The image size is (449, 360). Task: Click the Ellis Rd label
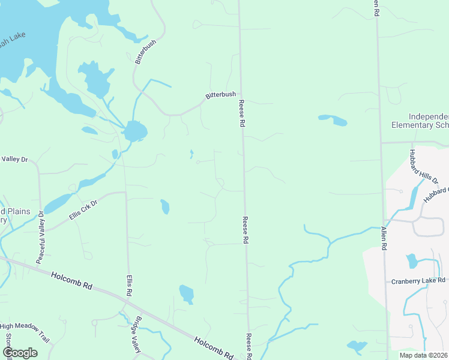click(128, 285)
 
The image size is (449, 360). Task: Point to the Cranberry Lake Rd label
click(418, 281)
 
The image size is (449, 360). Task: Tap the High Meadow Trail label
click(23, 329)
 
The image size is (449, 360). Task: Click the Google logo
click(20, 353)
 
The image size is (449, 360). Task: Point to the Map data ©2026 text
click(424, 355)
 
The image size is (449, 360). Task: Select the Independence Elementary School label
click(420, 121)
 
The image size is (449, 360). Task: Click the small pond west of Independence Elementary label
click(333, 119)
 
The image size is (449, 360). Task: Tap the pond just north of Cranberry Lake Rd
click(411, 260)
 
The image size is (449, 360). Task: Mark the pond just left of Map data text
click(357, 346)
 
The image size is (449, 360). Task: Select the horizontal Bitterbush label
click(220, 95)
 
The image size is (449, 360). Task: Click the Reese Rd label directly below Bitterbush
click(243, 113)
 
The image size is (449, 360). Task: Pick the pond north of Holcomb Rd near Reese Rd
click(187, 294)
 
